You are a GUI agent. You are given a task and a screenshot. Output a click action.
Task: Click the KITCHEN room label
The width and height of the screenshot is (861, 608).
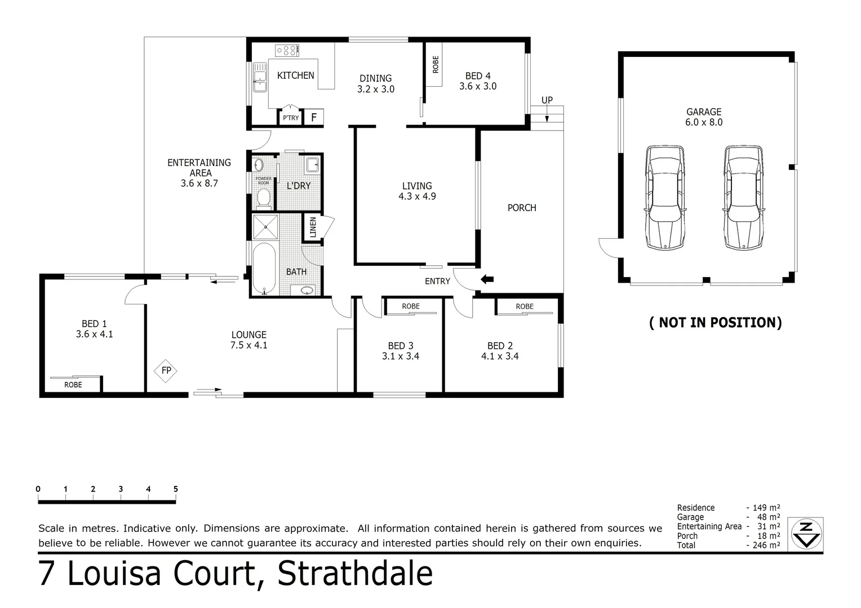(295, 75)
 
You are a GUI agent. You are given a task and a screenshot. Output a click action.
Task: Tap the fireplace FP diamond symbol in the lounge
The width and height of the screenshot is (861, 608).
(166, 370)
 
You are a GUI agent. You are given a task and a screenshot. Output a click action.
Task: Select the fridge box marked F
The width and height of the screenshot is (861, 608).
(314, 118)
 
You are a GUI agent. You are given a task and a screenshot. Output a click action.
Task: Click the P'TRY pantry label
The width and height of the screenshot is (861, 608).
(291, 118)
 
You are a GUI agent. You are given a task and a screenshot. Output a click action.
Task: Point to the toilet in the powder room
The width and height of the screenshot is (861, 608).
(263, 198)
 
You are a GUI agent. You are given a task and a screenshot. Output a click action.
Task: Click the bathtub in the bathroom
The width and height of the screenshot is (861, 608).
(264, 269)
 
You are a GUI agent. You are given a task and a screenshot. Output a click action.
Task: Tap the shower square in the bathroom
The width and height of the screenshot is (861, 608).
(265, 227)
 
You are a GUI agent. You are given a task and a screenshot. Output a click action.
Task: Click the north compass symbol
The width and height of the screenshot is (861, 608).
(806, 533)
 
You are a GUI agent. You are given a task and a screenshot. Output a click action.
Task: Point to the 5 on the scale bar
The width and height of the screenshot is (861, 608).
(176, 489)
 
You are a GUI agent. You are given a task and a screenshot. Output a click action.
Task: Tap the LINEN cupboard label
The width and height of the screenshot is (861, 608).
(313, 227)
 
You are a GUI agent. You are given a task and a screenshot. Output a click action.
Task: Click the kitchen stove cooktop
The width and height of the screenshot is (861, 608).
(286, 51)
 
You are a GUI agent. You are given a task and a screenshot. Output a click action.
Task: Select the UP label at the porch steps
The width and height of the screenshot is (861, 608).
(547, 100)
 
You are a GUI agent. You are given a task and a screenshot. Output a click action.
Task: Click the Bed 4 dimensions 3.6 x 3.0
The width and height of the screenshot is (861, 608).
(478, 87)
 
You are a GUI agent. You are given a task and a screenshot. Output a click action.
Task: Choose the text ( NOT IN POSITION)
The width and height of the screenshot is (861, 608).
(715, 323)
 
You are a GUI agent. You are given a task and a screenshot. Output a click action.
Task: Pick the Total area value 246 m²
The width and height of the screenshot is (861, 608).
(764, 545)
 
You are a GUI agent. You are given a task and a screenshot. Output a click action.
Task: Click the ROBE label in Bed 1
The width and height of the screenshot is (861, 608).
(73, 385)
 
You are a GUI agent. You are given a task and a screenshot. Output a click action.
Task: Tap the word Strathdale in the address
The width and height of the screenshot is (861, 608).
(355, 574)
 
